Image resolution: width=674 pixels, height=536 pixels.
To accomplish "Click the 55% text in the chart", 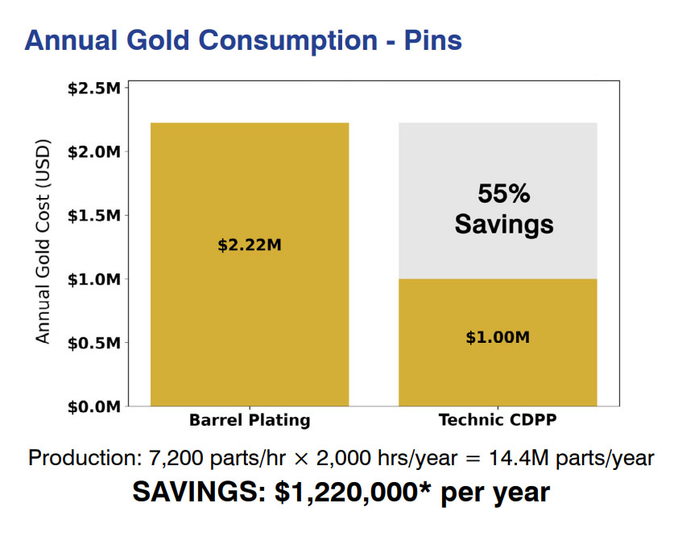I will (504, 194).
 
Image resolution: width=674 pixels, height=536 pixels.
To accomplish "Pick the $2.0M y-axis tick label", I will (94, 151).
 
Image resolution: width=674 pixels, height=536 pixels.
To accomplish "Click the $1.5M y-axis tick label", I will (94, 216).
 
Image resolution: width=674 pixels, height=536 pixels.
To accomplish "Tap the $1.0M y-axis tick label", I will (94, 279).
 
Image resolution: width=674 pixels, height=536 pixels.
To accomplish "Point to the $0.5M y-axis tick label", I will (94, 343).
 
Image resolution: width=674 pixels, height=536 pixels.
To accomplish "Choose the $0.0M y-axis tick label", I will (94, 406).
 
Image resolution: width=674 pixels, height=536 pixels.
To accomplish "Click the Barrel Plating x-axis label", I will (250, 420).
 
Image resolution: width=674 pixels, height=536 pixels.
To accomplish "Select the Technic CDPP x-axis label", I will (498, 420).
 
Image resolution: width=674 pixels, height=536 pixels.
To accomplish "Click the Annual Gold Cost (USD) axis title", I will (43, 244).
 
